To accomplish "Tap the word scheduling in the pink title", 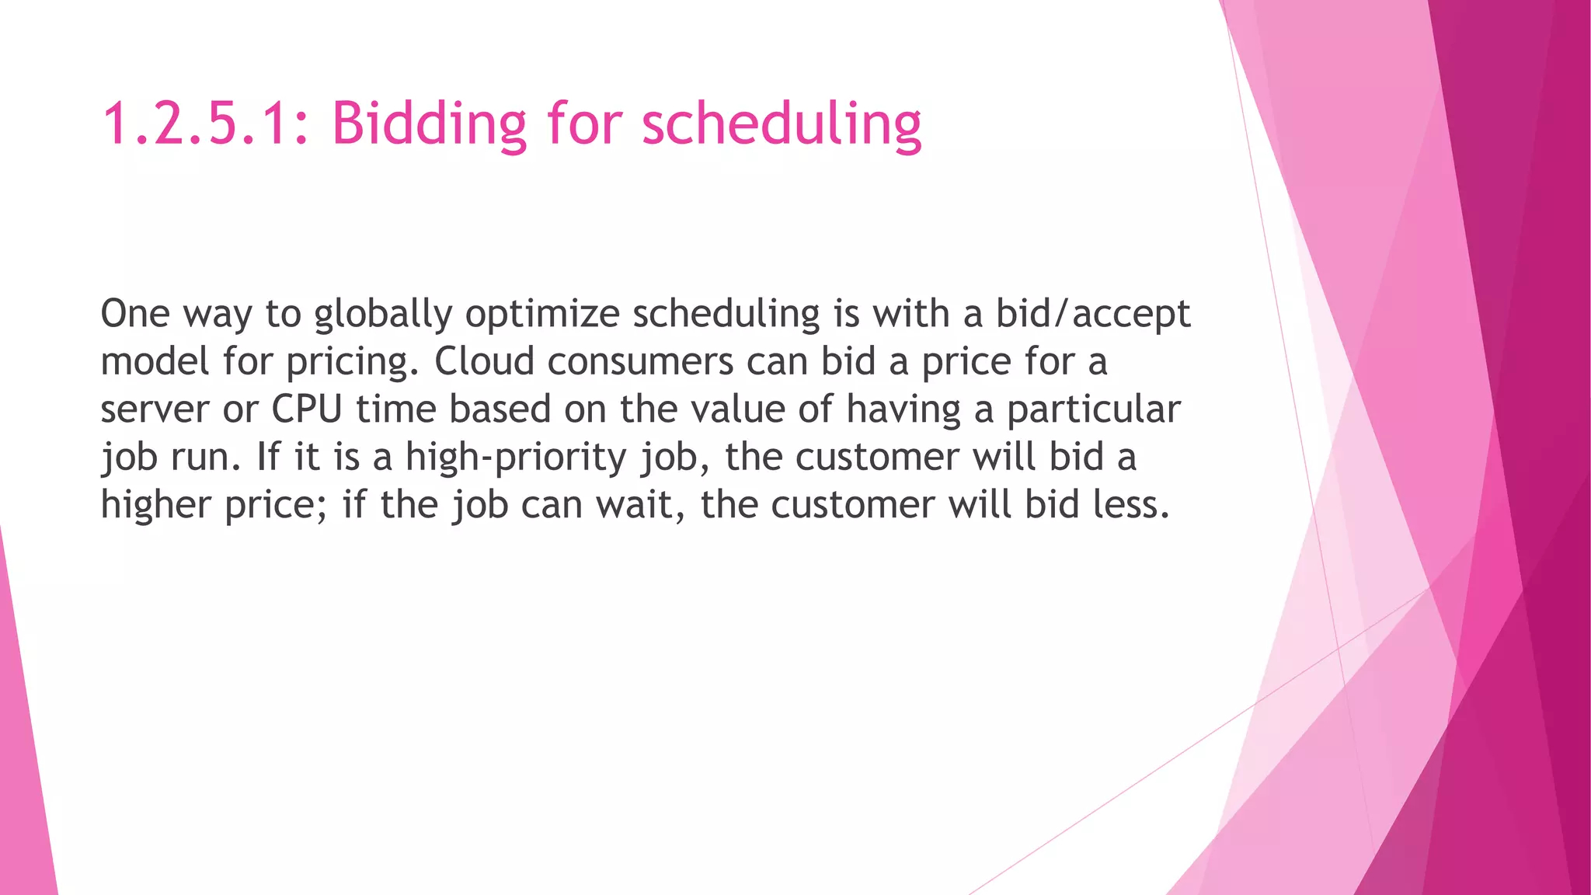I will pyautogui.click(x=782, y=124).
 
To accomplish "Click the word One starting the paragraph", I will pyautogui.click(x=135, y=314).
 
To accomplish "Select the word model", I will pyautogui.click(x=155, y=361).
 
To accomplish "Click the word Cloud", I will pyautogui.click(x=484, y=361).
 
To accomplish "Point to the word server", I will pyautogui.click(x=155, y=410).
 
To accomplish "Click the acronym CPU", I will pyautogui.click(x=307, y=409).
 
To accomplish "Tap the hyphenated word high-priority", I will pyautogui.click(x=516, y=458).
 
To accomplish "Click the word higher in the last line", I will pyautogui.click(x=156, y=506).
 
